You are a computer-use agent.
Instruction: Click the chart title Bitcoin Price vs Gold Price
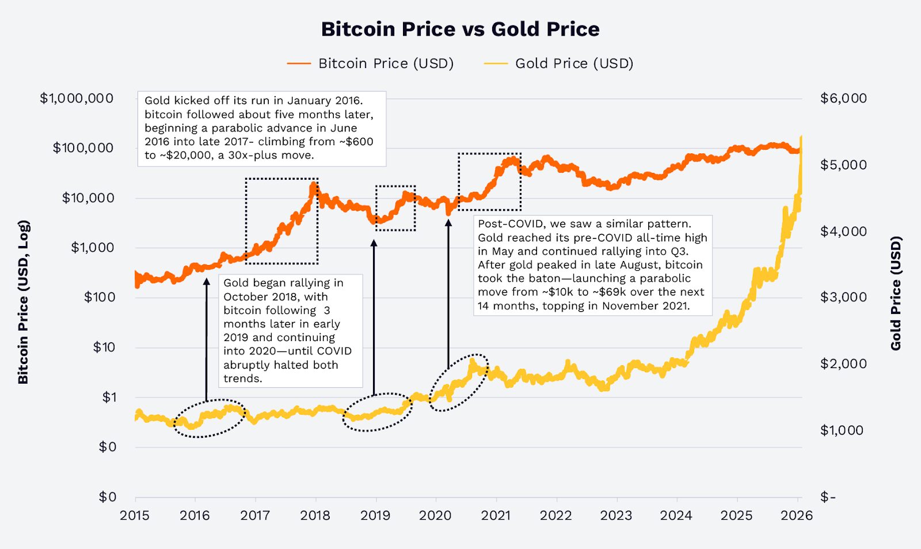(x=460, y=29)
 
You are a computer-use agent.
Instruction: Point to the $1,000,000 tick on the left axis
(x=77, y=99)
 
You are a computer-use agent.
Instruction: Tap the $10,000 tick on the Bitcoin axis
(x=88, y=198)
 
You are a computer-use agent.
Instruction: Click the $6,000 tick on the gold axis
(x=843, y=99)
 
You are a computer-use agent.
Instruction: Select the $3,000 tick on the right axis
(x=843, y=297)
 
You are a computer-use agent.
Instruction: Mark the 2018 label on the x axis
(x=315, y=516)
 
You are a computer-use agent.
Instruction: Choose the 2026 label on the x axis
(x=796, y=516)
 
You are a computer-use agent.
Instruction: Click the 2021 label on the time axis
(x=496, y=516)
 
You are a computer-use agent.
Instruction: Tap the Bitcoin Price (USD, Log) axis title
(x=23, y=302)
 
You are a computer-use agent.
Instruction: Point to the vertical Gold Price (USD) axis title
(x=896, y=293)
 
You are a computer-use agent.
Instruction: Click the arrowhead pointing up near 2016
(x=207, y=282)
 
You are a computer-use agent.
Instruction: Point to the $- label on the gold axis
(x=828, y=497)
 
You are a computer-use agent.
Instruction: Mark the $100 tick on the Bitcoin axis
(x=100, y=297)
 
